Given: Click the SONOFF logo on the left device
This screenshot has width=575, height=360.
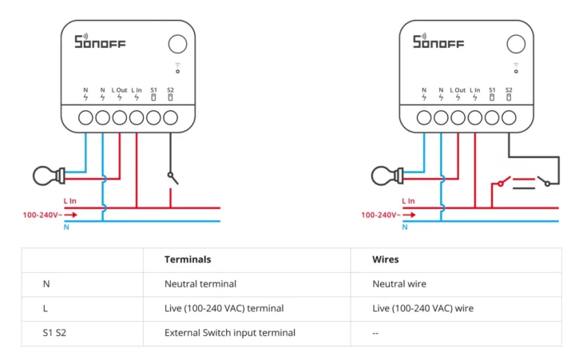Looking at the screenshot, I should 100,42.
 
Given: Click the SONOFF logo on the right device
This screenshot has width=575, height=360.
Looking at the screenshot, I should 438,42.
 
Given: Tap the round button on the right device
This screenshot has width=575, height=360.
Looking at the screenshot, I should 516,44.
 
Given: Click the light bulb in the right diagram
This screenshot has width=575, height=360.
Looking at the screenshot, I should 385,172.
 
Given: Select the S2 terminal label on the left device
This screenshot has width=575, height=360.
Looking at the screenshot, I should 170,90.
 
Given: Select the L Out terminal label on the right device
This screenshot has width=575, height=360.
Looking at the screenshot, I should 458,90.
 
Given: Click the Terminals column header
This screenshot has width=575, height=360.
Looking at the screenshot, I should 188,259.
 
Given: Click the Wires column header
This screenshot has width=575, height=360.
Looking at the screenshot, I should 386,259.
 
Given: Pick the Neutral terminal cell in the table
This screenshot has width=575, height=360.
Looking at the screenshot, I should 200,283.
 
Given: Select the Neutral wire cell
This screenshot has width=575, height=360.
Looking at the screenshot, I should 399,283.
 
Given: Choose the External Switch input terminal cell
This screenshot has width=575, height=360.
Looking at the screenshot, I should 229,333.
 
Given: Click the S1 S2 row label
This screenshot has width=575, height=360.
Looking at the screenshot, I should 56,333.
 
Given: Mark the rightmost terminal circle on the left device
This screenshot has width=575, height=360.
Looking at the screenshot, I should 170,118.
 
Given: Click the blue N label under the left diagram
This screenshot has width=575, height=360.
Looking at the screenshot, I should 66,227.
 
